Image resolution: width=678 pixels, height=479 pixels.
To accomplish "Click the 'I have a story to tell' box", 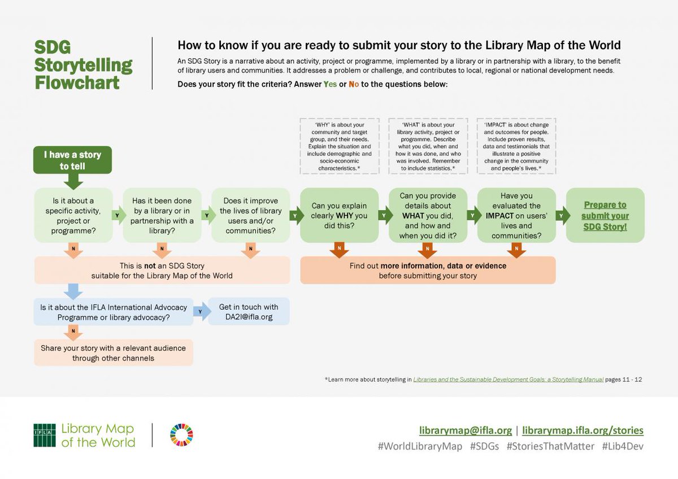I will [72, 160].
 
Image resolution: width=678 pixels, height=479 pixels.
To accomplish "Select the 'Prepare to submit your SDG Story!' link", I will [605, 216].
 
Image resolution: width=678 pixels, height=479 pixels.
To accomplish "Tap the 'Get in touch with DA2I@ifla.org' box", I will [249, 312].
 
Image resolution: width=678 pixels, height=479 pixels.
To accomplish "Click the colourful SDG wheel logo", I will [181, 435].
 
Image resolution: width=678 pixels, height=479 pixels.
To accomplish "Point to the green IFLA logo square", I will [45, 435].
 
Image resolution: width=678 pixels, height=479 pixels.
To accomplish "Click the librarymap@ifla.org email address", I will [466, 430].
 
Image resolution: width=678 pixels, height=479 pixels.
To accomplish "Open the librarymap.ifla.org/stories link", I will [583, 430].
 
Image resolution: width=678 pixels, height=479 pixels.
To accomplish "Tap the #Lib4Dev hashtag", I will [623, 446].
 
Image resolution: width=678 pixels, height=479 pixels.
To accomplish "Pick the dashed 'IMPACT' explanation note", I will [516, 146].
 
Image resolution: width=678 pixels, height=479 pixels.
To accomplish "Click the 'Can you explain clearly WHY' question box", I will [339, 216].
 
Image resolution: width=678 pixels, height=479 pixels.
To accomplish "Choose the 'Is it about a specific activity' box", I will [73, 216].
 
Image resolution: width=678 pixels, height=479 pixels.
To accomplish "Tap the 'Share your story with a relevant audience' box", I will [113, 353].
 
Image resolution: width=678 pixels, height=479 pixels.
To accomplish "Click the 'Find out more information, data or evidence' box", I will [428, 271].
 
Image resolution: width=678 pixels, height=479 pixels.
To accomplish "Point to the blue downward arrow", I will [73, 291].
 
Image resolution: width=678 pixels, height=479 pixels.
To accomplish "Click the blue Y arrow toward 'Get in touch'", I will [200, 312].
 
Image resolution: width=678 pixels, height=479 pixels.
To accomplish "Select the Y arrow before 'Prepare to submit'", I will [561, 215].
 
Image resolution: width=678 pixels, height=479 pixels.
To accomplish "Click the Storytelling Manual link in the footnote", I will [508, 380].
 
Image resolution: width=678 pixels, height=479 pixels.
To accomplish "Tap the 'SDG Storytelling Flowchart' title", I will [83, 64].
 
